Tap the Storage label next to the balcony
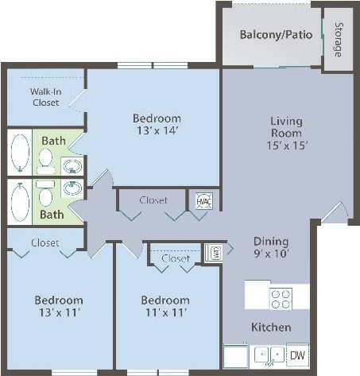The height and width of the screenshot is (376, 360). coord(338,37)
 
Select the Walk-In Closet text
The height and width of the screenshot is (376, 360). coord(45,96)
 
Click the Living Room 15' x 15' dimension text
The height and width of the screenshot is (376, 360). coord(285,145)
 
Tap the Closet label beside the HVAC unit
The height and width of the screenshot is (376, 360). coord(153,200)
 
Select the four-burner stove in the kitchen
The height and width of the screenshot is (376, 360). coord(281,298)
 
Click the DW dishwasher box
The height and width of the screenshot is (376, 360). coord(296,355)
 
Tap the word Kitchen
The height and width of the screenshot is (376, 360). coord(270,327)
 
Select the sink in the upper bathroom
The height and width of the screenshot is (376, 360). coord(72,165)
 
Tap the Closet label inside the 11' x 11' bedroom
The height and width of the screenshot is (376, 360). coord(176,258)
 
